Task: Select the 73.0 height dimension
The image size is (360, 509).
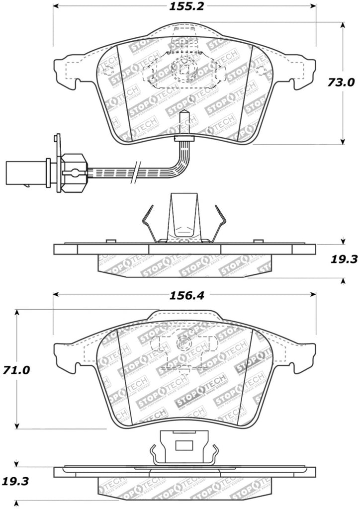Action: click(x=342, y=82)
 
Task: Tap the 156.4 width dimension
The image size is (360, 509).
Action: click(x=184, y=295)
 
